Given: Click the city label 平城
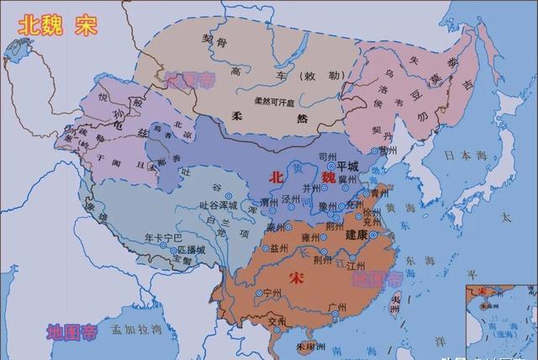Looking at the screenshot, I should click(347, 166).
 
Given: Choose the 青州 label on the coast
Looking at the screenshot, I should click(381, 193).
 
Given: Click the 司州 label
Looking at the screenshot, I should click(329, 156).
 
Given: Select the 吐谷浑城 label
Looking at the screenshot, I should click(218, 204).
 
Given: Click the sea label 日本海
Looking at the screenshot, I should click(459, 155).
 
